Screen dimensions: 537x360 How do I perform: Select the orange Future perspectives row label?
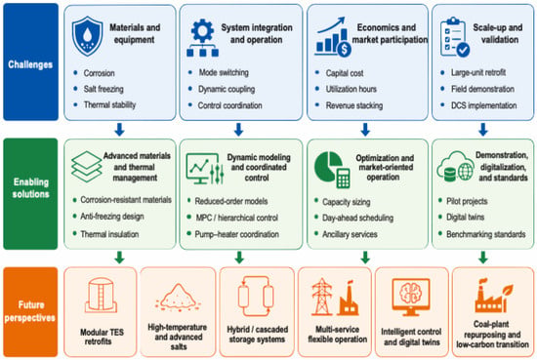point(30,312)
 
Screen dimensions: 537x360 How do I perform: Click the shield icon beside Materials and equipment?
point(87,36)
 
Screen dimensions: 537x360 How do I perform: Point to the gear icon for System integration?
point(203,38)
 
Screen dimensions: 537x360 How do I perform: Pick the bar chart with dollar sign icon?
point(333,37)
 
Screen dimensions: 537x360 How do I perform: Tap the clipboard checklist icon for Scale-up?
point(455,37)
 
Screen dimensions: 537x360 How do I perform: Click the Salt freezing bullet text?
point(103,89)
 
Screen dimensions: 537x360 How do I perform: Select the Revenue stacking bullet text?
point(354,105)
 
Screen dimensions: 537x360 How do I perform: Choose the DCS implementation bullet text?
point(483,105)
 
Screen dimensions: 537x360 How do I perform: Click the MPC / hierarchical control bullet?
point(236,218)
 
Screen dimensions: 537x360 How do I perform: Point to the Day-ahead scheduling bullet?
point(357,218)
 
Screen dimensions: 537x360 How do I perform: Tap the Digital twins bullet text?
point(465,217)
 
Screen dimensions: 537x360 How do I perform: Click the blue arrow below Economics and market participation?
point(365,130)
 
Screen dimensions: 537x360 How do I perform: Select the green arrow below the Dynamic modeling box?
point(239,258)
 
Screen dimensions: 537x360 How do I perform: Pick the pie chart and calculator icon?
point(332,170)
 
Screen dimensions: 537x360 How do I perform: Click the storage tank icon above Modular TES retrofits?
point(101,295)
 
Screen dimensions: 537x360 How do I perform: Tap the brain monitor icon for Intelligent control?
point(411,297)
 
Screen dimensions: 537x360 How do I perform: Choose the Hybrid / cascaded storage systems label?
point(257,335)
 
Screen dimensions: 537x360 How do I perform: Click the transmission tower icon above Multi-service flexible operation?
point(321,297)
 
